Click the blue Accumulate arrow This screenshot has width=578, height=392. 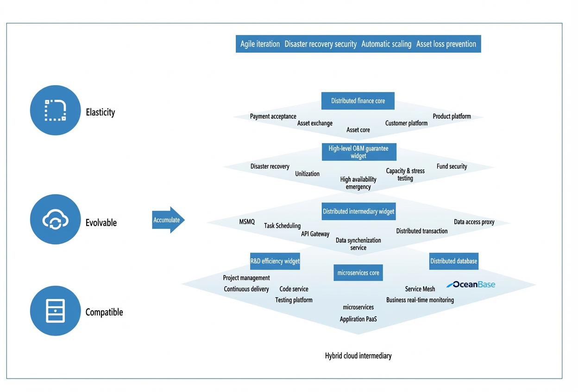pos(168,220)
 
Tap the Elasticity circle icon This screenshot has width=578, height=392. pos(55,110)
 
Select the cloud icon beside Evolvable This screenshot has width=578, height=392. pos(55,220)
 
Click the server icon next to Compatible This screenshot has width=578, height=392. pos(55,311)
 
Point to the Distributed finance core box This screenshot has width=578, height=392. pos(358,101)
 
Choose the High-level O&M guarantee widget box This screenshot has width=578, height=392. pos(359,152)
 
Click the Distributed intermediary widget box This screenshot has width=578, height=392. pos(358,211)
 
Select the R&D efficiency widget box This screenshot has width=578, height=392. pos(275,261)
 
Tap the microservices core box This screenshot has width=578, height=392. pos(358,272)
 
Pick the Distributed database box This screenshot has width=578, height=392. pos(453,261)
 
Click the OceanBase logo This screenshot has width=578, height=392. pos(471,284)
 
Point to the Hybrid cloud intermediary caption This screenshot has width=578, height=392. pos(358,356)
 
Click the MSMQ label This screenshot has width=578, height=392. pos(247,222)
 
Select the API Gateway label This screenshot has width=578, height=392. pos(315,234)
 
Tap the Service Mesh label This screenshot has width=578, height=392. pos(420,289)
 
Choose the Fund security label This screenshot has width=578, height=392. pos(452,166)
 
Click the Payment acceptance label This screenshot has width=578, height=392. pos(273,116)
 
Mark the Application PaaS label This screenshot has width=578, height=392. pos(358,319)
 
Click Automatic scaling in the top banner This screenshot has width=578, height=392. pos(386,44)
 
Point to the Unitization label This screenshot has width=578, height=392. pos(307,174)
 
